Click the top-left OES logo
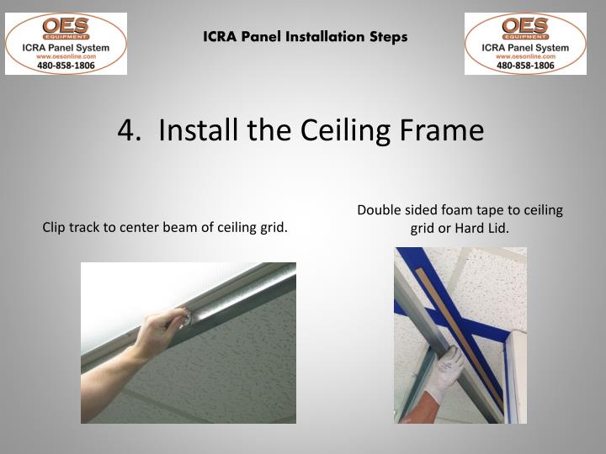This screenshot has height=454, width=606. coord(66,43)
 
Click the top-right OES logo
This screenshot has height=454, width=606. coord(525,43)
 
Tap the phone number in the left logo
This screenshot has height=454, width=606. coord(66,64)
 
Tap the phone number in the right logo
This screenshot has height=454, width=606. coord(525,64)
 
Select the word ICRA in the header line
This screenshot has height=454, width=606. coord(217,37)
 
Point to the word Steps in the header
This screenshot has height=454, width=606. coord(389,37)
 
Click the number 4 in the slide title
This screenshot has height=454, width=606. coord(127,130)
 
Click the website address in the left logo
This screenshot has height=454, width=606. coord(66,55)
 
